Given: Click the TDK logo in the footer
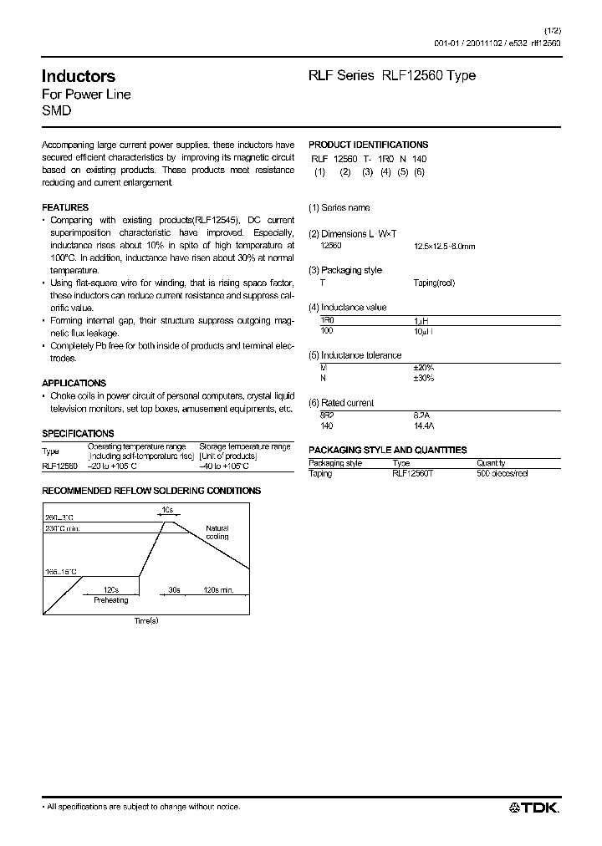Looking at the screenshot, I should coord(535,807).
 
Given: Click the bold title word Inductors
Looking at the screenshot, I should coord(79,76).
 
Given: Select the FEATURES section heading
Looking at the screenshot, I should coord(65,207).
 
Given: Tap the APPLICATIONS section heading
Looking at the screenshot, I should coord(74,383).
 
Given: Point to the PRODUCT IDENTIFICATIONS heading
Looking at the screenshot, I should coord(368,145).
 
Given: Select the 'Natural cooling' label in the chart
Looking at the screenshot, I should coord(217,533).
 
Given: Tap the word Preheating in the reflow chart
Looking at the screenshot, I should coord(110,600).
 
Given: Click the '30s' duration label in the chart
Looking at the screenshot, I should coord(174,590).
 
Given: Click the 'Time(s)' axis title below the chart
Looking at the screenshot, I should coord(146,620).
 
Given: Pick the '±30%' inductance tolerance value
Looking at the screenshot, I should coord(424,378).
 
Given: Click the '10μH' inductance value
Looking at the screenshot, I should coord(424,332).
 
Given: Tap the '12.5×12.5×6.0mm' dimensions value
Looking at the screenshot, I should coord(444,247).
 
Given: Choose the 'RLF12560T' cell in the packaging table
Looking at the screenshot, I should coord(413,473).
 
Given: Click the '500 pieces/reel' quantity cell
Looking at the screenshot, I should coord(503,473).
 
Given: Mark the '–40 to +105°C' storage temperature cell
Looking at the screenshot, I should coord(228,466).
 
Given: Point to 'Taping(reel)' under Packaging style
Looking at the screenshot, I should coord(434,283).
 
